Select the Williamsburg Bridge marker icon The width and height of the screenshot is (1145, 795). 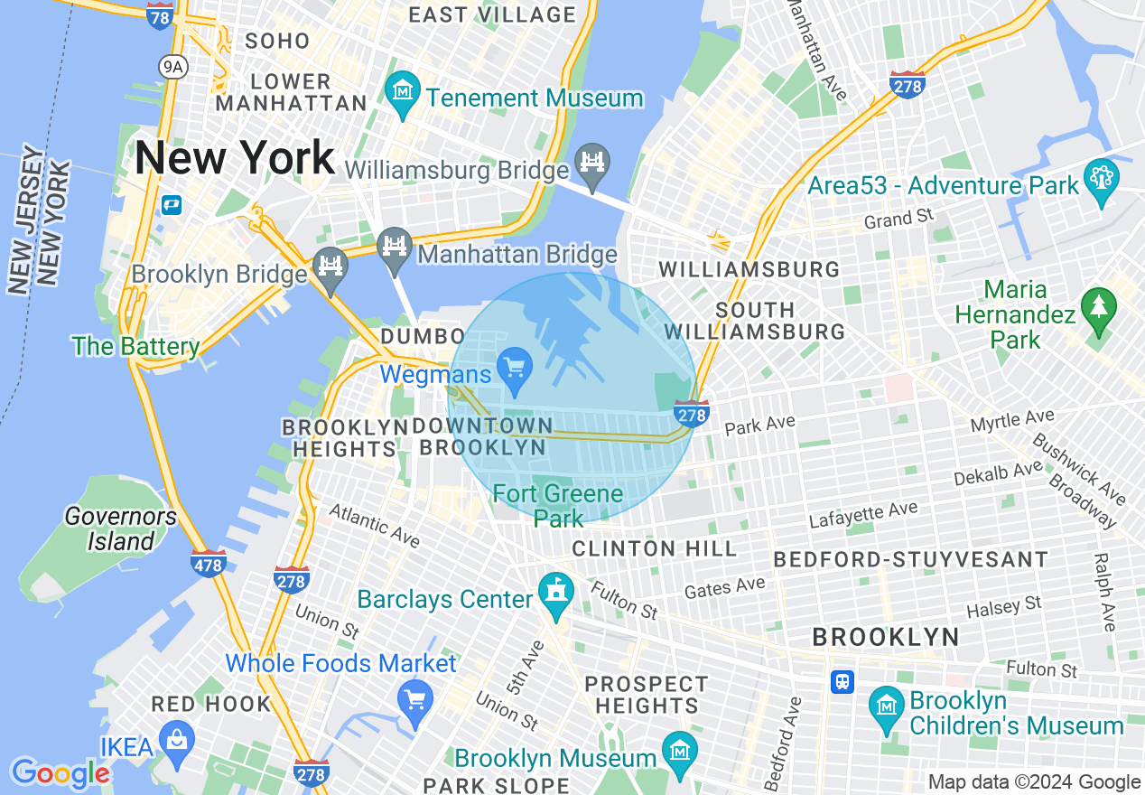pyautogui.click(x=592, y=164)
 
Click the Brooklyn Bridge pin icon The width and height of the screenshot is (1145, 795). pyautogui.click(x=330, y=267)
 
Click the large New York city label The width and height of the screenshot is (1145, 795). pyautogui.click(x=235, y=159)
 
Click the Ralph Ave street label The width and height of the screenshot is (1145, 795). pyautogui.click(x=1105, y=592)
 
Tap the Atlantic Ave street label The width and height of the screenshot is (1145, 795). pyautogui.click(x=374, y=525)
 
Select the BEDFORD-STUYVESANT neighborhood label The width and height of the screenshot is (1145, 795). pyautogui.click(x=910, y=560)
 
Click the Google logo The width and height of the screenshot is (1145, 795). pyautogui.click(x=60, y=773)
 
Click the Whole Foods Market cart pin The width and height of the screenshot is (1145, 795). pyautogui.click(x=415, y=699)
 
